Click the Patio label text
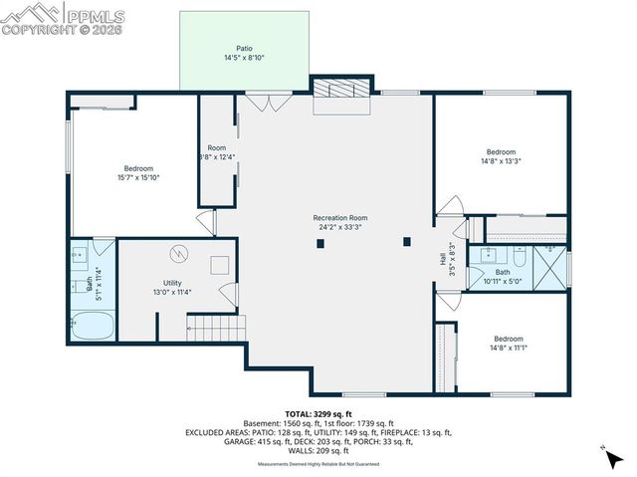pyautogui.click(x=245, y=48)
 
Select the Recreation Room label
pyautogui.click(x=340, y=217)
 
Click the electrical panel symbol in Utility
pyautogui.click(x=179, y=253)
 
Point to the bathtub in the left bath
pyautogui.click(x=94, y=325)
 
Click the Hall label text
pyautogui.click(x=443, y=257)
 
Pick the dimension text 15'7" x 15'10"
pyautogui.click(x=137, y=177)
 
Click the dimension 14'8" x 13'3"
pyautogui.click(x=501, y=160)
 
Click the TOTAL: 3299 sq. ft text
pyautogui.click(x=318, y=413)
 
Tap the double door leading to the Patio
pyautogui.click(x=269, y=100)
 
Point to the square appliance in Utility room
pyautogui.click(x=219, y=265)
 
